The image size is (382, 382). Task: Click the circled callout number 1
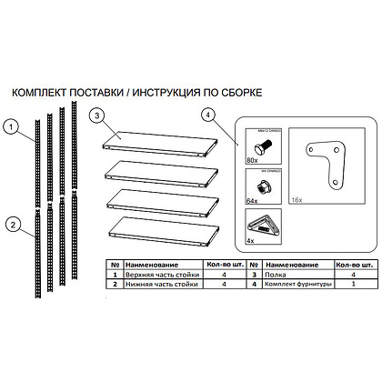(10, 127)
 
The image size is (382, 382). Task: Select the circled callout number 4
(211, 116)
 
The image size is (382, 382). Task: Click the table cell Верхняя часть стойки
(162, 272)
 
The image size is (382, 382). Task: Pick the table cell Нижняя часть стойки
(161, 285)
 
